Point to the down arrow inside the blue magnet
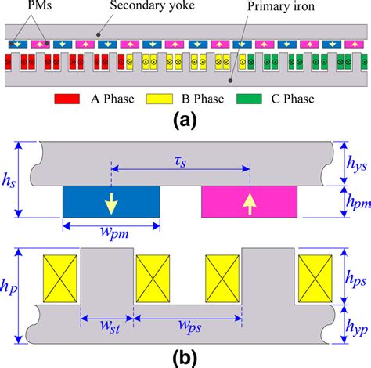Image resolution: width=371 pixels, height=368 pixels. click(x=112, y=204)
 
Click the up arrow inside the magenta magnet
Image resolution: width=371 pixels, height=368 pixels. click(x=250, y=204)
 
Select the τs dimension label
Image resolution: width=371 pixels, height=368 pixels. click(x=181, y=159)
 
